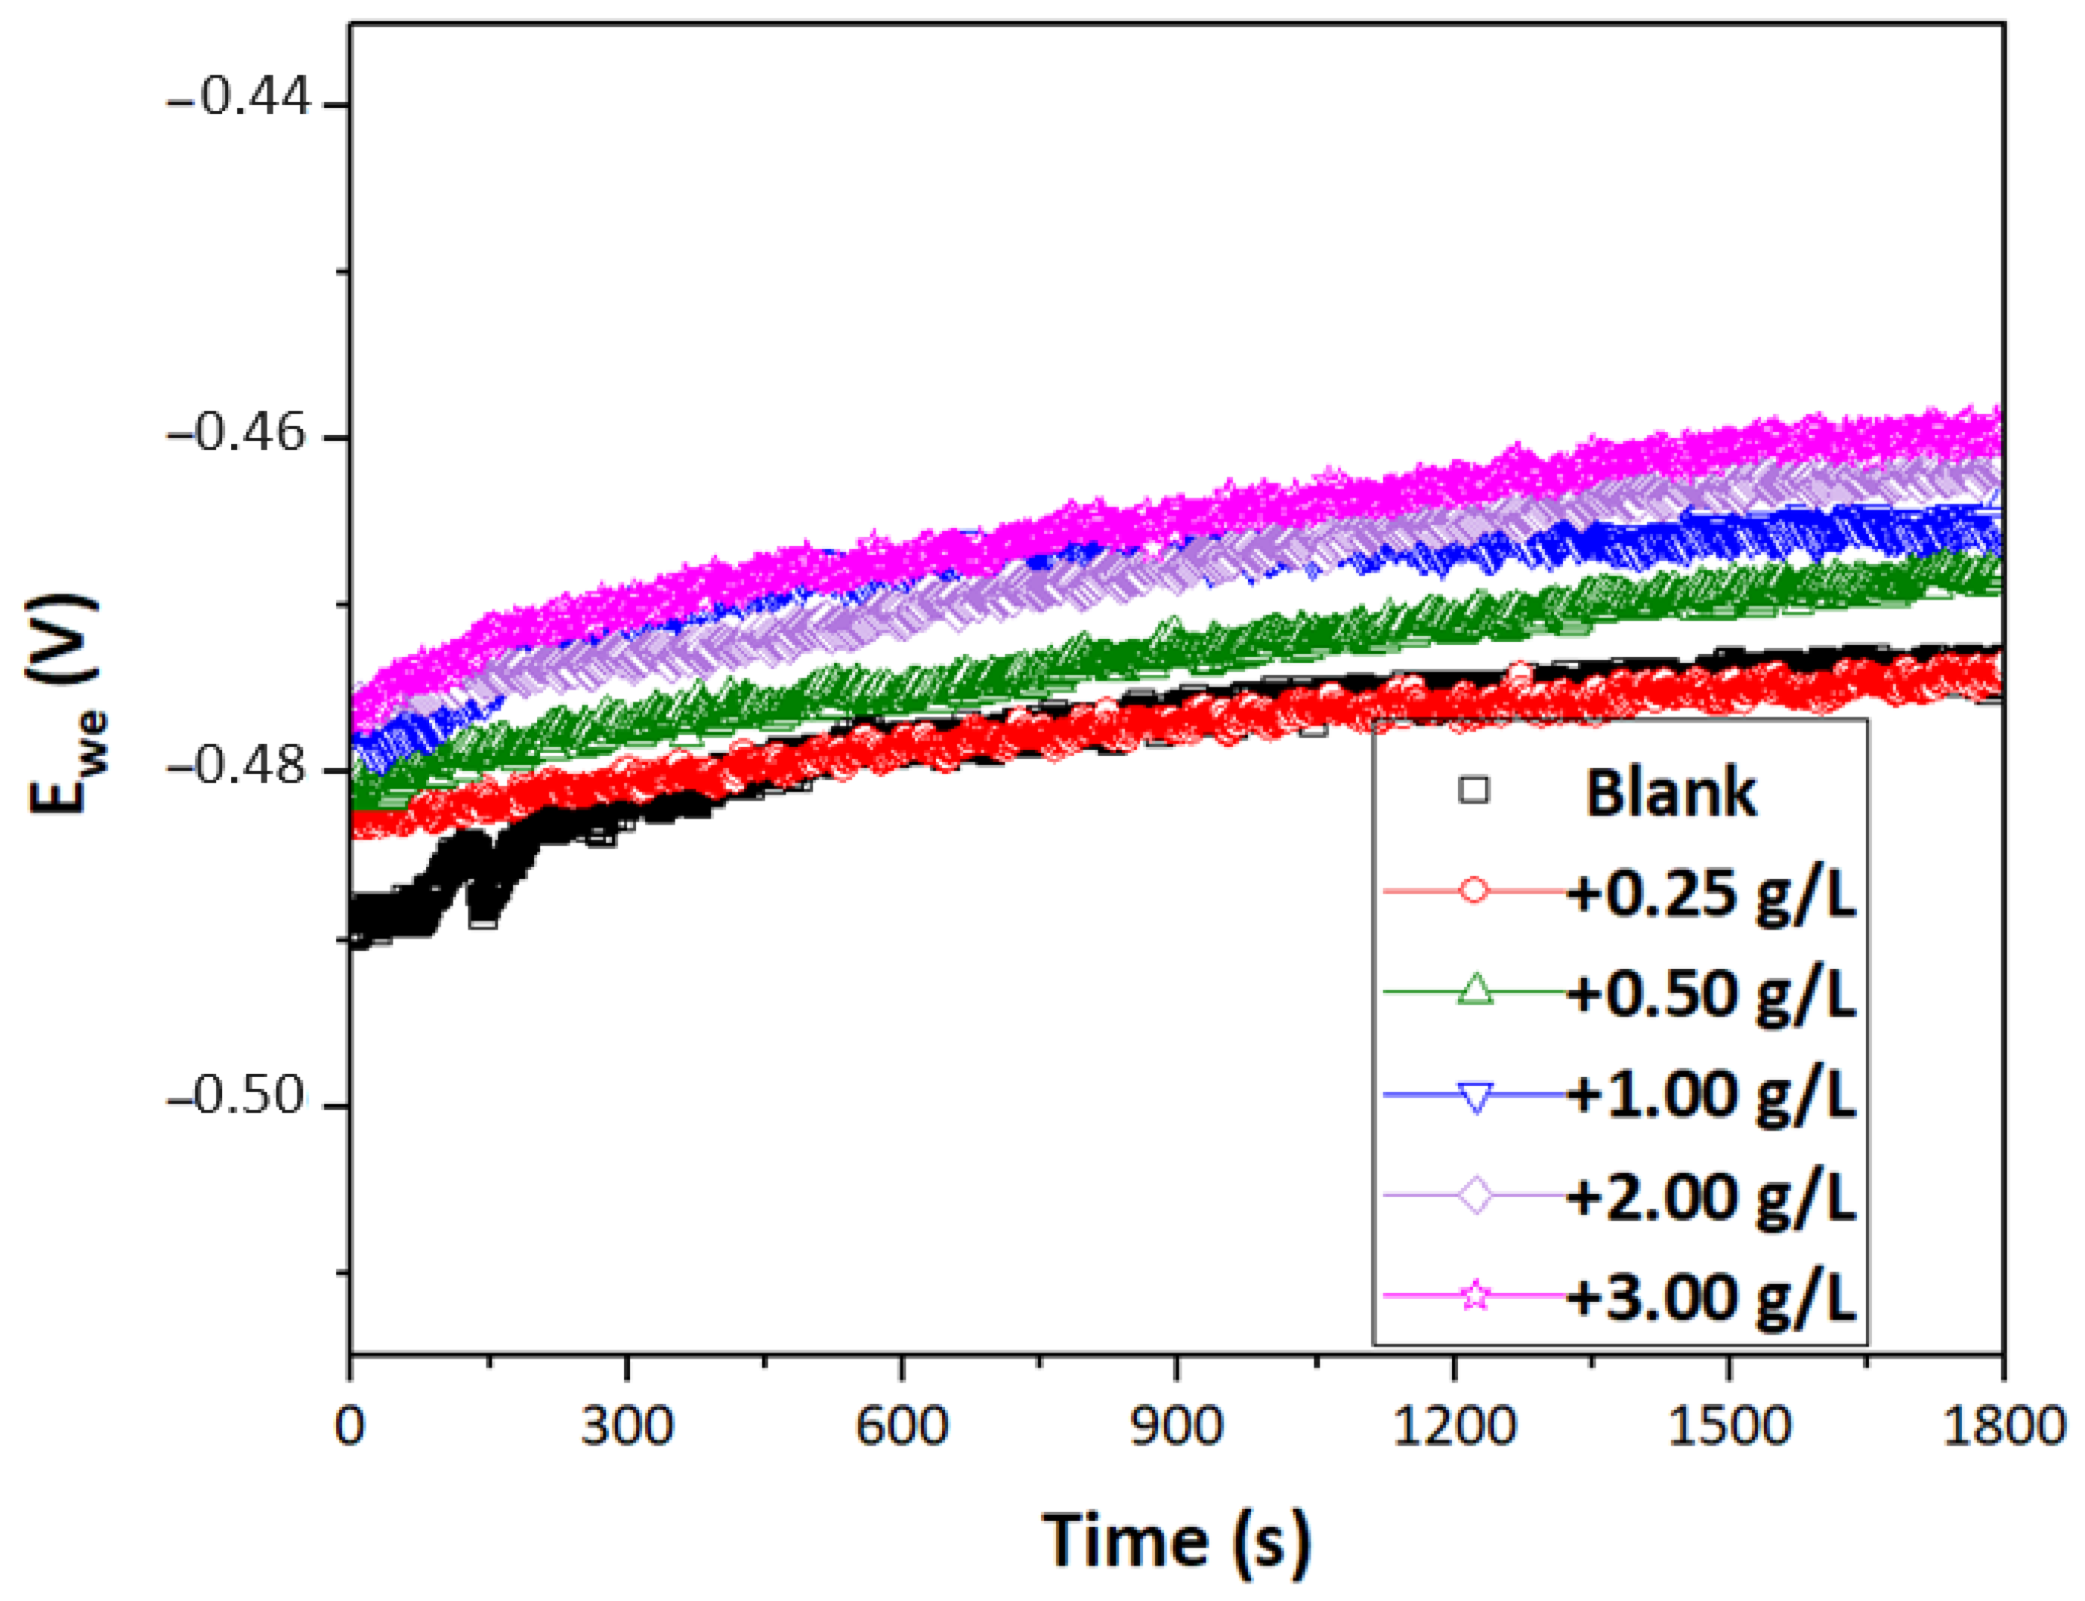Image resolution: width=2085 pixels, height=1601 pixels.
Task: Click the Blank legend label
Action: (1670, 793)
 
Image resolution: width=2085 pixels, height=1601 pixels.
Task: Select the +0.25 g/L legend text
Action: (1711, 895)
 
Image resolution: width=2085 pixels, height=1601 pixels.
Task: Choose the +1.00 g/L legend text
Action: (1711, 1095)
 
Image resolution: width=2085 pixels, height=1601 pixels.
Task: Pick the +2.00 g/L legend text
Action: (1711, 1197)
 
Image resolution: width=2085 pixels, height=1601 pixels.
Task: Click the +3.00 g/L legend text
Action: (1711, 1297)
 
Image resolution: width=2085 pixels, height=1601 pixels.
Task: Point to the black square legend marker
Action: (1474, 790)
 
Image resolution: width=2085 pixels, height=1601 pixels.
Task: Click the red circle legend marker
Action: (1474, 891)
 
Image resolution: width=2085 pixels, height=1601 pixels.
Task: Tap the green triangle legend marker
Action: (1475, 991)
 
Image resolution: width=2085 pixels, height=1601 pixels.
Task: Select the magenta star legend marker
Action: (1475, 1296)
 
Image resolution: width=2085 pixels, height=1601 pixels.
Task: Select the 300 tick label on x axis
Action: (626, 1427)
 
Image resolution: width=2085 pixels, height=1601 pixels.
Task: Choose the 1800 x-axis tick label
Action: (2003, 1427)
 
